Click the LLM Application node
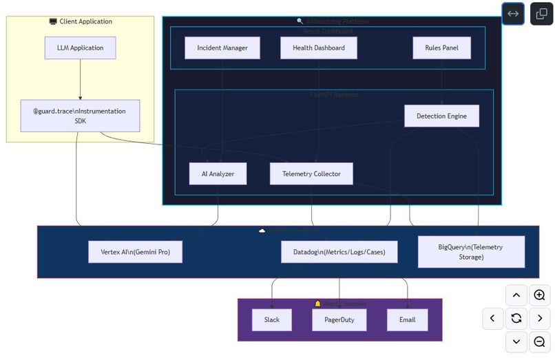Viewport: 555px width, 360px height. point(81,47)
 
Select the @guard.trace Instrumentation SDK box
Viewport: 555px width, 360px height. point(81,116)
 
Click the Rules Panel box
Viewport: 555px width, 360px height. point(441,47)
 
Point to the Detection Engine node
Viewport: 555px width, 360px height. point(441,116)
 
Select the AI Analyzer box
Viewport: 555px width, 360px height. point(218,173)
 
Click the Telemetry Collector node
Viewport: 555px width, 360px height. point(311,173)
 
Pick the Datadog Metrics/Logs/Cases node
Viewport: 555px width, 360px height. point(339,252)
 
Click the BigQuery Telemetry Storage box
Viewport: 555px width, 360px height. point(471,252)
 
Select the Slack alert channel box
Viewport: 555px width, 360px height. point(271,319)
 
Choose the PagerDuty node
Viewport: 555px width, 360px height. point(339,319)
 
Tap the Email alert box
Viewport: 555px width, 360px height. point(407,319)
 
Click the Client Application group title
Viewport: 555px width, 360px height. point(81,21)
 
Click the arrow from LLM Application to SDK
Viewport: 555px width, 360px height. point(81,79)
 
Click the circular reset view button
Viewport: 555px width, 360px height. point(516,318)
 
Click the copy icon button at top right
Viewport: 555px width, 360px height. point(541,14)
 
